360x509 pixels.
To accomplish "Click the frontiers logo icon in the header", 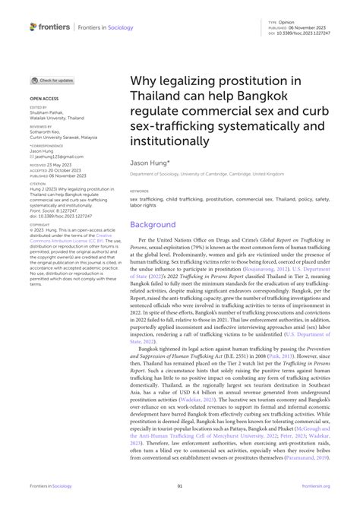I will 33,27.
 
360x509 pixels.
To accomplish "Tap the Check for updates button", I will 52,81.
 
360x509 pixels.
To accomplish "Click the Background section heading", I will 153,225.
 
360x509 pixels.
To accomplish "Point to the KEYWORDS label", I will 139,191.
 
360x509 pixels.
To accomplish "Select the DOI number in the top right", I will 314,33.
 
